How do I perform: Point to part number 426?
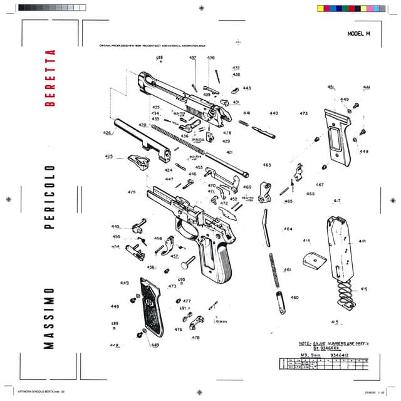(107, 133)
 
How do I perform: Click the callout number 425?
(109, 157)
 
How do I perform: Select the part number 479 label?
(132, 192)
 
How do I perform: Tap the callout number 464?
(288, 229)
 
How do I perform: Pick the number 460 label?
(294, 298)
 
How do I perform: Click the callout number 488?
(159, 58)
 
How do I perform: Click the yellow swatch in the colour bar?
(321, 8)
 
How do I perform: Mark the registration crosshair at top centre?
(200, 8)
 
